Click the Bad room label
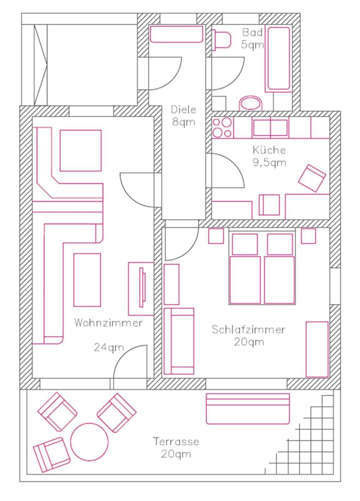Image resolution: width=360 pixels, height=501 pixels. (x=252, y=33)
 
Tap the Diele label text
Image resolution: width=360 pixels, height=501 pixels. (x=183, y=110)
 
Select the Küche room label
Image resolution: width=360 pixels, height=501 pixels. (x=269, y=150)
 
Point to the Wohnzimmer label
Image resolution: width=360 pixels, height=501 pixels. (x=108, y=323)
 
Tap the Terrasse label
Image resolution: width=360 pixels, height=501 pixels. (x=176, y=440)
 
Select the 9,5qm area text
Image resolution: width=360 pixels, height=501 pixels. (x=269, y=163)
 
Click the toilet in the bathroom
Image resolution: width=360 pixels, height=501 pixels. (x=221, y=39)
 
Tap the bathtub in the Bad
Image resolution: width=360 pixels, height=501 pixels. (x=279, y=59)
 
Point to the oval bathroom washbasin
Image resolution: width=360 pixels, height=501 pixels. (x=251, y=103)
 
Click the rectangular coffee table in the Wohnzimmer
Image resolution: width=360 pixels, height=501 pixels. (x=87, y=280)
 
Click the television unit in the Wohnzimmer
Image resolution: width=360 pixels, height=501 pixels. (x=141, y=289)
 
